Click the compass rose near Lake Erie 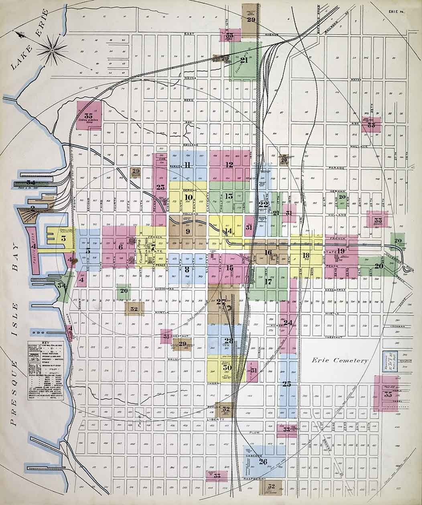coord(52,50)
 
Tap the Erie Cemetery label coord(340,360)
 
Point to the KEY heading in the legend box coord(45,343)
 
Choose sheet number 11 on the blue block coord(187,165)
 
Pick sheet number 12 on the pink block coord(229,164)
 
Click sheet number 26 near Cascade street coord(263,462)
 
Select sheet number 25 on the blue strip coord(286,384)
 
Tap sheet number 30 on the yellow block coord(227,368)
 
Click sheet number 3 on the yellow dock coord(63,238)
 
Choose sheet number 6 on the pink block coord(120,247)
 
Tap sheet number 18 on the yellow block coord(306,255)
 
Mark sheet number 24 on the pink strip coord(288,322)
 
